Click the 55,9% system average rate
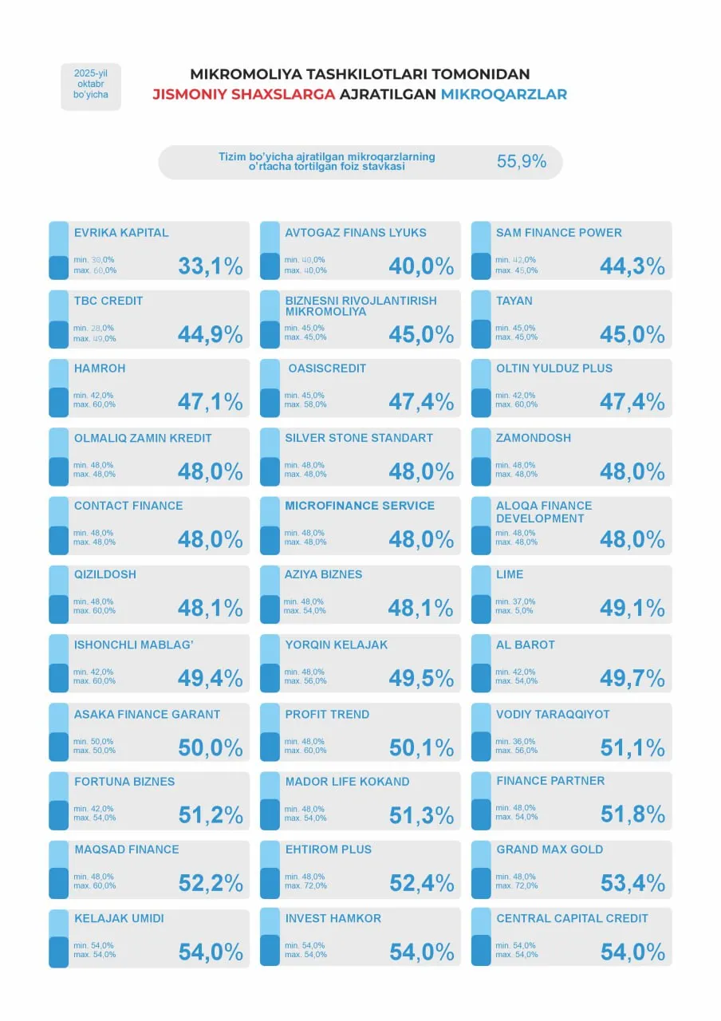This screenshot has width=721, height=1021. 522,161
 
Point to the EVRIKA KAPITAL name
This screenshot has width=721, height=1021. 121,233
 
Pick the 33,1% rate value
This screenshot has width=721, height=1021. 210,266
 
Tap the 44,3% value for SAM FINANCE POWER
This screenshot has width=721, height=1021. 632,266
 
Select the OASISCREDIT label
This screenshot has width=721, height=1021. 327,369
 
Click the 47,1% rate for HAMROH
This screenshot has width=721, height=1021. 210,402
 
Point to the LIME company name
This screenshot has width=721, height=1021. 510,574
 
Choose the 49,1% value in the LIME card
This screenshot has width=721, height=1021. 632,609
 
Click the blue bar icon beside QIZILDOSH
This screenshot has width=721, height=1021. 58,595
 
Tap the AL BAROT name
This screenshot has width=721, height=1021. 525,645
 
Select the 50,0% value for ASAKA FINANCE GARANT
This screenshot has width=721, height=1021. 210,748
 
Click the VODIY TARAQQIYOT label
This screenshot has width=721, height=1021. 552,714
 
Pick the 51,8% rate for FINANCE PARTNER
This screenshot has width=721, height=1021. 632,815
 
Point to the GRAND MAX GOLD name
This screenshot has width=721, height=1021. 550,850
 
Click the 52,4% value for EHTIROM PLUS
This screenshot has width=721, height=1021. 421,884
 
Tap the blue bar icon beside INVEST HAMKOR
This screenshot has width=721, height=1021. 270,937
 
